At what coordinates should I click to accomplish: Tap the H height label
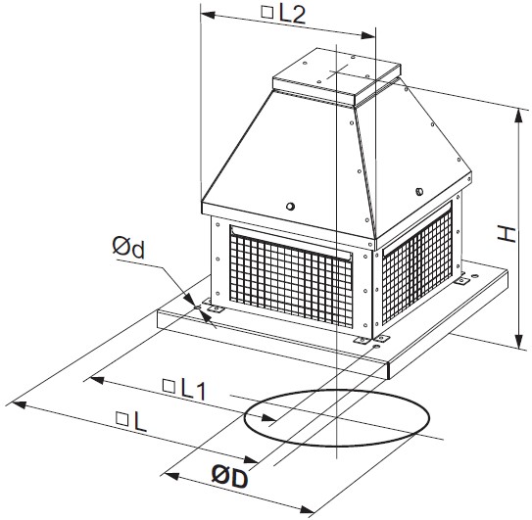pos(507,234)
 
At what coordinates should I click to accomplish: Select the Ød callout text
pos(128,247)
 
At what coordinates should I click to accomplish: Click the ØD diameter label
pos(229,477)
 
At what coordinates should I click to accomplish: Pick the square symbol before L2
pos(267,12)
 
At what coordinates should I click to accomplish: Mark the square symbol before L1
pos(169,386)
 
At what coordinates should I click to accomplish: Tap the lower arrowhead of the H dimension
pos(518,341)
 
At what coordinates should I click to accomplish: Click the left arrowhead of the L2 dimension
pos(208,15)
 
